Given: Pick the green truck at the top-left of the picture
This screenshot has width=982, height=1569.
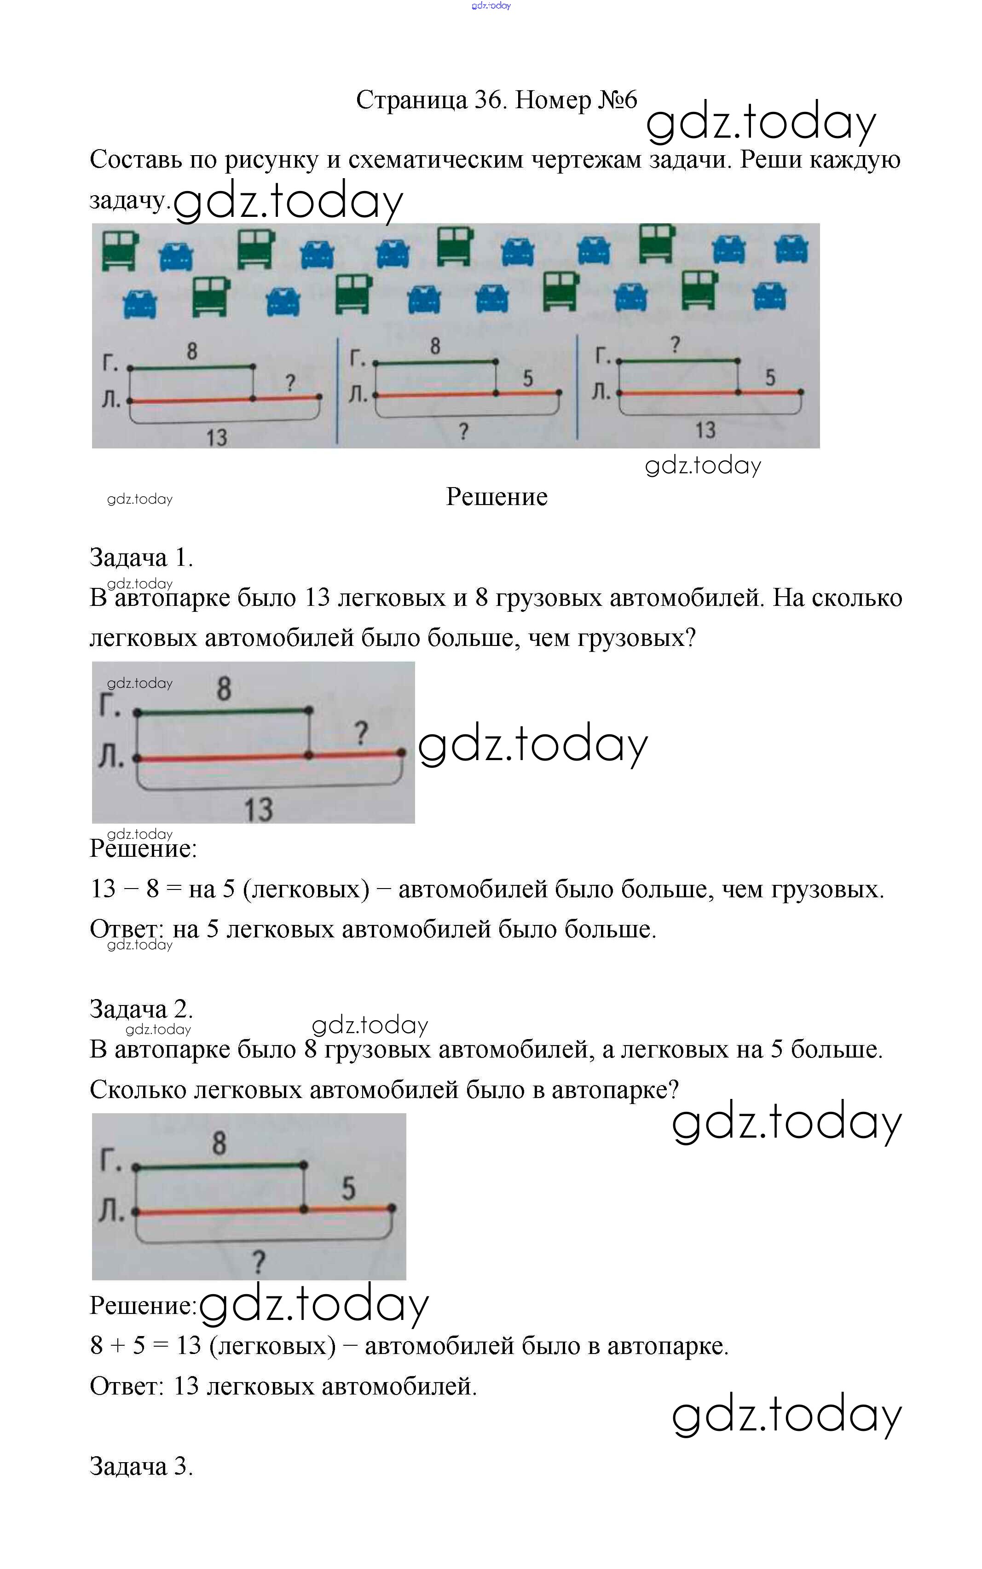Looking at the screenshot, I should (x=120, y=250).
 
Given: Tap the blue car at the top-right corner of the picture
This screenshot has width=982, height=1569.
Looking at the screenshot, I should (x=791, y=249).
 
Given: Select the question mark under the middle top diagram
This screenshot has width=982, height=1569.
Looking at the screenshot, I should (x=463, y=431).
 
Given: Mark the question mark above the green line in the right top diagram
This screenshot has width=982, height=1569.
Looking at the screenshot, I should (x=675, y=344).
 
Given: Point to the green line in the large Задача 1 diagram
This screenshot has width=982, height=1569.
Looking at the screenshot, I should (x=223, y=712).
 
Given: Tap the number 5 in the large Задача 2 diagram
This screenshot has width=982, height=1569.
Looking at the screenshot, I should (x=349, y=1188).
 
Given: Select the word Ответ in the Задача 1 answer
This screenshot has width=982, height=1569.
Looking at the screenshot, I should (x=126, y=929).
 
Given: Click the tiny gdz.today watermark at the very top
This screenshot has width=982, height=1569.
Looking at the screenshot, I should (x=491, y=6).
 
